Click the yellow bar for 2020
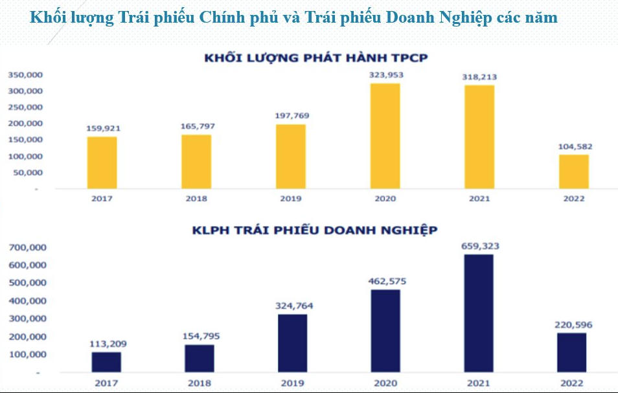[x=385, y=136]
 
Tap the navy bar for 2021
[x=478, y=313]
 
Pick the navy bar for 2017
[x=106, y=362]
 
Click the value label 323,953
[x=386, y=75]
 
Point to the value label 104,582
[x=575, y=147]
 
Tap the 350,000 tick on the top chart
[x=25, y=74]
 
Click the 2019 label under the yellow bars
[x=291, y=198]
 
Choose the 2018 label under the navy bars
[x=199, y=383]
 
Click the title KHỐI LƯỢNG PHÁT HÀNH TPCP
[x=316, y=58]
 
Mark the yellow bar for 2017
[x=103, y=163]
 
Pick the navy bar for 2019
[x=293, y=343]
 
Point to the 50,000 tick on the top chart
[x=28, y=173]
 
